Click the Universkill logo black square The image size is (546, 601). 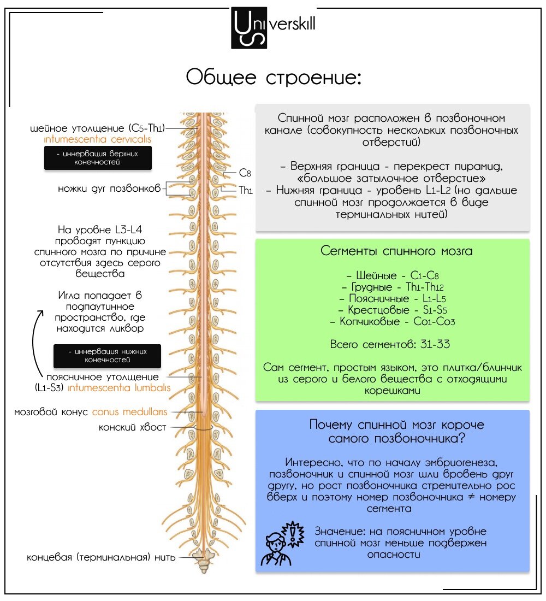click(x=249, y=28)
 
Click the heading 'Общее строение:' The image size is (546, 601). click(x=274, y=77)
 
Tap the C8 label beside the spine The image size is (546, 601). click(x=245, y=173)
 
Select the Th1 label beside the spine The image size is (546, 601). click(x=246, y=190)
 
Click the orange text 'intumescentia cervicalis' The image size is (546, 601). click(x=97, y=139)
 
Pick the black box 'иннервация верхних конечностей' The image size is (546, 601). click(x=98, y=157)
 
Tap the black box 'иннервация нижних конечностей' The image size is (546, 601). click(x=107, y=356)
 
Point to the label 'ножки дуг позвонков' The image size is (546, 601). click(x=109, y=188)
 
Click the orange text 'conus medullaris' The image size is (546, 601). click(x=129, y=412)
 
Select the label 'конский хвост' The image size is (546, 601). click(x=133, y=427)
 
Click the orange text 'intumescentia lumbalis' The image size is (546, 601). click(x=119, y=388)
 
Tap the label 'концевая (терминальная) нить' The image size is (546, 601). click(x=101, y=557)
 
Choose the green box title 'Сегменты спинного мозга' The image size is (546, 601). click(x=396, y=251)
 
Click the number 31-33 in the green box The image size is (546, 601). click(x=435, y=344)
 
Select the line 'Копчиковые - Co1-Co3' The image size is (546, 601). click(x=393, y=322)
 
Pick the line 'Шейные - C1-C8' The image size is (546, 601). click(x=393, y=275)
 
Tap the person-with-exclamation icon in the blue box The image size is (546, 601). click(x=282, y=544)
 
